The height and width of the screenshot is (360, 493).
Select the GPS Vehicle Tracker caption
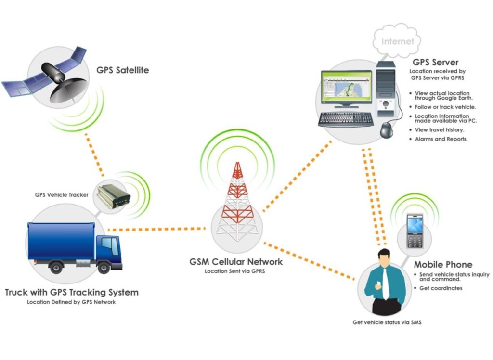pos(62,195)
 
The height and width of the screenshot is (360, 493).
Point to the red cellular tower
pos(236,202)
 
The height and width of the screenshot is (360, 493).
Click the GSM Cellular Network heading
pos(236,262)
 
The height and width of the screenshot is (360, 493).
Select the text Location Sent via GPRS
pos(236,271)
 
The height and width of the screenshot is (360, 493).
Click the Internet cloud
pos(397,41)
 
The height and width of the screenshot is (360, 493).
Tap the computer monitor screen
pos(347,90)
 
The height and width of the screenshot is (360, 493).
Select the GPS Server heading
pos(435,63)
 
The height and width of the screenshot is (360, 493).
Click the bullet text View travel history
pos(439,130)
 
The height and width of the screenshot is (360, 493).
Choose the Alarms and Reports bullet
pos(441,139)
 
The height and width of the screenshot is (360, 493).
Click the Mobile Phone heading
pos(443,265)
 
